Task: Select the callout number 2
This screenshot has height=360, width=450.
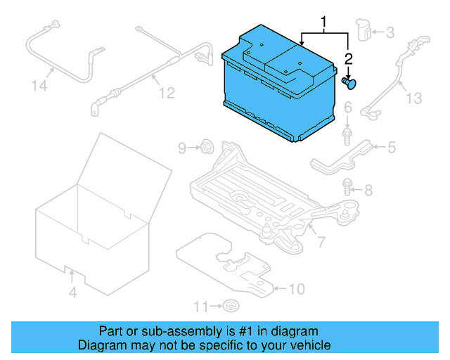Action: (347, 59)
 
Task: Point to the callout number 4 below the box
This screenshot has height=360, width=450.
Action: (72, 292)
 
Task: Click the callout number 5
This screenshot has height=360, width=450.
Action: (392, 147)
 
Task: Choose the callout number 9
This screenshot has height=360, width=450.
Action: (182, 148)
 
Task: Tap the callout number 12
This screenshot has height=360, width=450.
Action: (166, 92)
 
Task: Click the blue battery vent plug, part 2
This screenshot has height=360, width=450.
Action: (349, 83)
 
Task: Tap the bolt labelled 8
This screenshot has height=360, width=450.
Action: (347, 186)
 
